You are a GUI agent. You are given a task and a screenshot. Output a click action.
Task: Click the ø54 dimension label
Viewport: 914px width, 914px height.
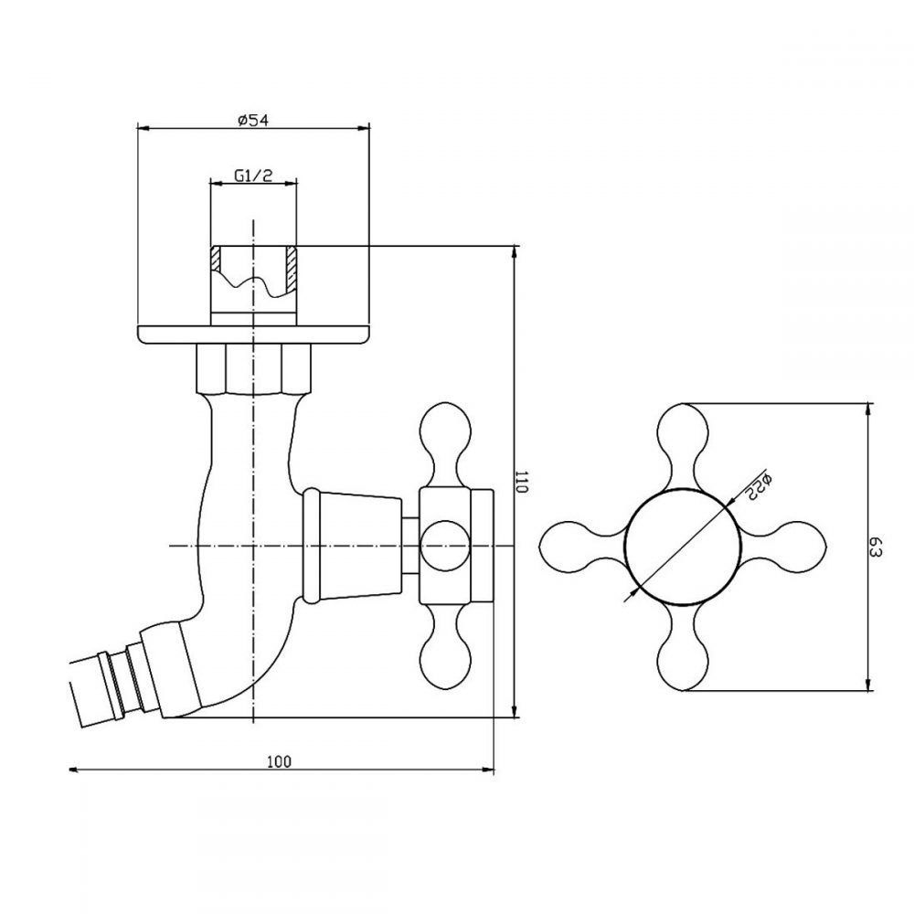pyautogui.click(x=253, y=121)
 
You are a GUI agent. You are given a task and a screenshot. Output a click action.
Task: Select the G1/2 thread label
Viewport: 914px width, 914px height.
pyautogui.click(x=253, y=175)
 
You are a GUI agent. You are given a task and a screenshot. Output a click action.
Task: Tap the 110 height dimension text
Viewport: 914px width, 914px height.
pyautogui.click(x=522, y=482)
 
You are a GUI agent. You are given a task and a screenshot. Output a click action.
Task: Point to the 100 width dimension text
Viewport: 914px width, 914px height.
pyautogui.click(x=279, y=761)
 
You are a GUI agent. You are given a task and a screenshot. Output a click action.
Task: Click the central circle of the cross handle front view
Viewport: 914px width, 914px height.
pyautogui.click(x=683, y=547)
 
